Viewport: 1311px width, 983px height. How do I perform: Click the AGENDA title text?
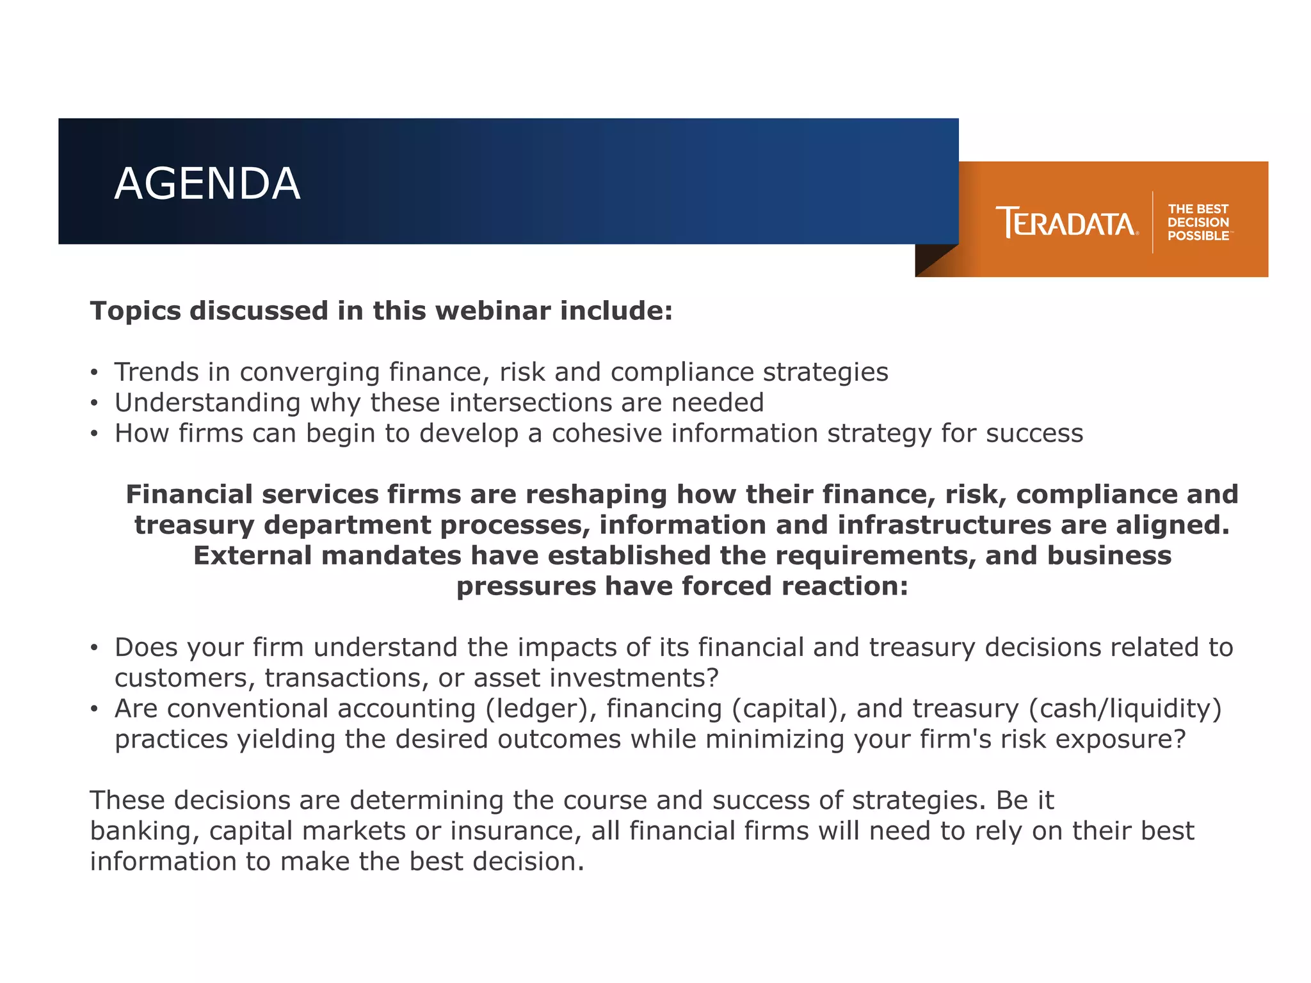[x=207, y=184]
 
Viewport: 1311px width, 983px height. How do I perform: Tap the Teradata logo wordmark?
[x=1066, y=222]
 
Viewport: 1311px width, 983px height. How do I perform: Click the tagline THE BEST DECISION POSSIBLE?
[x=1198, y=222]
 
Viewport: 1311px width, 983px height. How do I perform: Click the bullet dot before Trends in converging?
[x=94, y=372]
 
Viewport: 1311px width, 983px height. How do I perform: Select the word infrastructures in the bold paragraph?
[x=944, y=525]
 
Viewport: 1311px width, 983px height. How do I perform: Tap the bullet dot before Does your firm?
[x=94, y=648]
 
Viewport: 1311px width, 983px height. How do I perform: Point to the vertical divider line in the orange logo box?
[x=1153, y=222]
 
